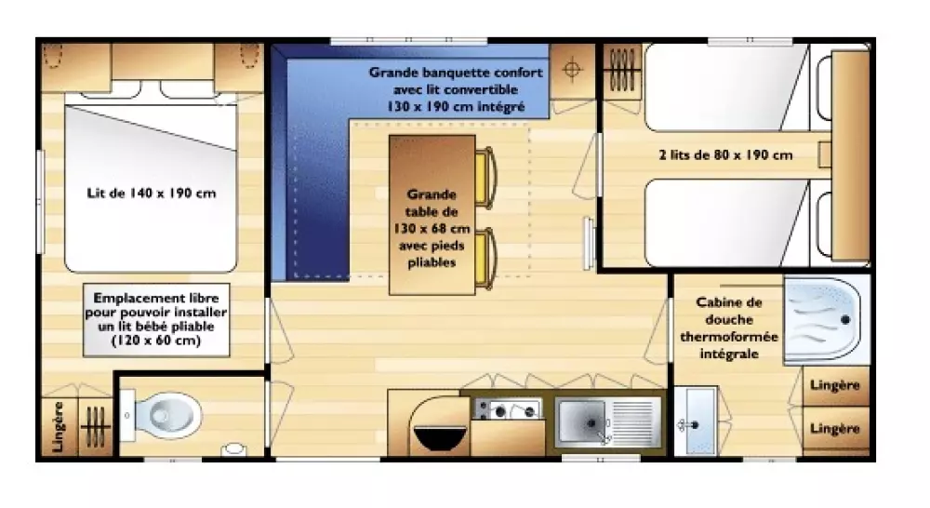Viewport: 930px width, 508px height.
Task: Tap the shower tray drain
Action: click(845, 320)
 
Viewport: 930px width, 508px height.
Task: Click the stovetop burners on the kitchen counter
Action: click(508, 409)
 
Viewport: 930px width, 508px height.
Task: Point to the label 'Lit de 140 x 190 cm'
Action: click(152, 193)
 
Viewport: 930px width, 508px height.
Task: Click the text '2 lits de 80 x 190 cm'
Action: click(725, 154)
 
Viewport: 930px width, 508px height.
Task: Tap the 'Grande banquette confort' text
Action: click(456, 73)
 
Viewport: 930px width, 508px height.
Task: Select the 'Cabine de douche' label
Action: click(729, 311)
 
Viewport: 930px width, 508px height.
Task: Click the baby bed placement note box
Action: click(156, 320)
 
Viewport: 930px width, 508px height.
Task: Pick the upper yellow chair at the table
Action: click(485, 178)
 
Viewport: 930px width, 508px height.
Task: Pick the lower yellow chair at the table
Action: click(485, 259)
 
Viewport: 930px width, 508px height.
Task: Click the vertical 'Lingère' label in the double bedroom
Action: click(58, 426)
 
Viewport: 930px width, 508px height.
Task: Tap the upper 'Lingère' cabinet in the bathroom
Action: click(835, 386)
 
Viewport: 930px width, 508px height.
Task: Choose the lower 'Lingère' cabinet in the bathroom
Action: click(835, 430)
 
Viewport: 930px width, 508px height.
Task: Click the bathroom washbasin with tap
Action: click(696, 422)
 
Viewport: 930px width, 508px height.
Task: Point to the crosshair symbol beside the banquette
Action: click(572, 70)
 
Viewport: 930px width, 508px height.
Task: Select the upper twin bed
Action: click(727, 87)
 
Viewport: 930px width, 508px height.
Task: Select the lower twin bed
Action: click(727, 223)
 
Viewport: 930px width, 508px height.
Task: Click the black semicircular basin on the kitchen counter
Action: click(440, 437)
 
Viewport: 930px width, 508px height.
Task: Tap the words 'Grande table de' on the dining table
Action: click(432, 203)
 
